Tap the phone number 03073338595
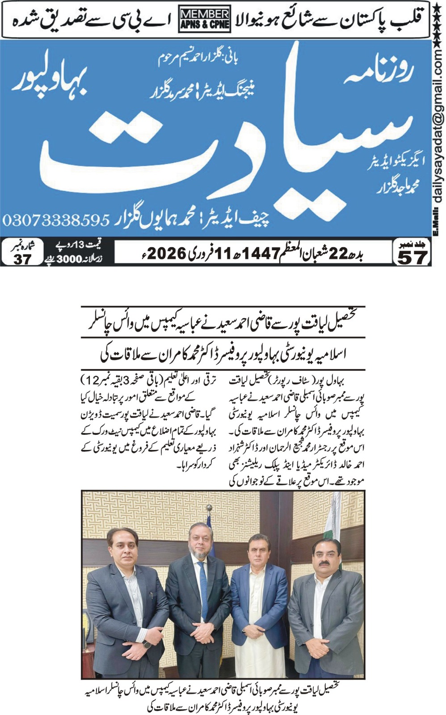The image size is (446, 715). (x=56, y=220)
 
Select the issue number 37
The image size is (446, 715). (x=22, y=259)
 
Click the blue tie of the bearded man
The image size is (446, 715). (x=203, y=586)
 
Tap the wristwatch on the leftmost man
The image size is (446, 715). (x=146, y=644)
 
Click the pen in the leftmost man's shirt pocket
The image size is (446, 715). (x=151, y=596)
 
